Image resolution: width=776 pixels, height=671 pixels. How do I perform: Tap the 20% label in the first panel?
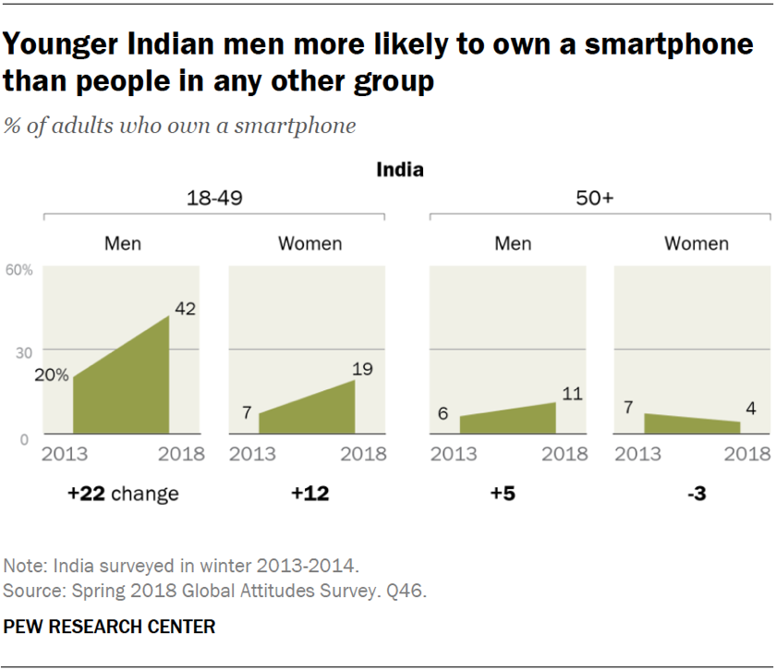click(x=52, y=374)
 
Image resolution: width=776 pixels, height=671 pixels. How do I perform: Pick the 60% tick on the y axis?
click(x=19, y=270)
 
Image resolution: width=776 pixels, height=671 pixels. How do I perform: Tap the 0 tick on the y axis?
click(x=26, y=438)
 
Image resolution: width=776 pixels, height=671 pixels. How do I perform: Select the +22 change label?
click(x=122, y=494)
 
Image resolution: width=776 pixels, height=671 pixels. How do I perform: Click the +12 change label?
click(x=310, y=494)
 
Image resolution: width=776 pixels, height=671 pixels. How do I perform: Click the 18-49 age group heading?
click(x=214, y=199)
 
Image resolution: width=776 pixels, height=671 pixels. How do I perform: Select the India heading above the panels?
click(x=400, y=170)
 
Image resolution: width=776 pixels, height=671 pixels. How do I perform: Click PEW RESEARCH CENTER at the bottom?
click(x=109, y=627)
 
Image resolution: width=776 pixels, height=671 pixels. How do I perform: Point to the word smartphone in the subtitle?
click(x=297, y=125)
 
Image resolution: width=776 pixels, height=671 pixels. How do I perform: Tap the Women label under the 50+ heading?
click(x=697, y=244)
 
